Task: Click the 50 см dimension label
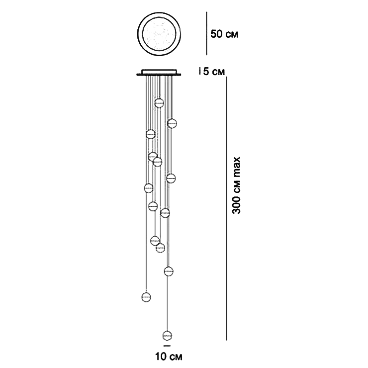[224, 34]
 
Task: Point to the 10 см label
[166, 356]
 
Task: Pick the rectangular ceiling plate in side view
[160, 73]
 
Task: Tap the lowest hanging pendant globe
[167, 335]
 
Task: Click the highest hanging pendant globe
[159, 103]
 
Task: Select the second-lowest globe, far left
[146, 297]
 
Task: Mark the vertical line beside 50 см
[206, 34]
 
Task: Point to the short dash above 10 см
[167, 345]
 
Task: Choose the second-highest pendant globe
[172, 123]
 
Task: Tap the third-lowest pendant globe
[169, 271]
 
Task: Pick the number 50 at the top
[217, 34]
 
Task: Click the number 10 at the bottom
[159, 356]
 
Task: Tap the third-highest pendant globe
[150, 134]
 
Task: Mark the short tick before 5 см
[199, 72]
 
